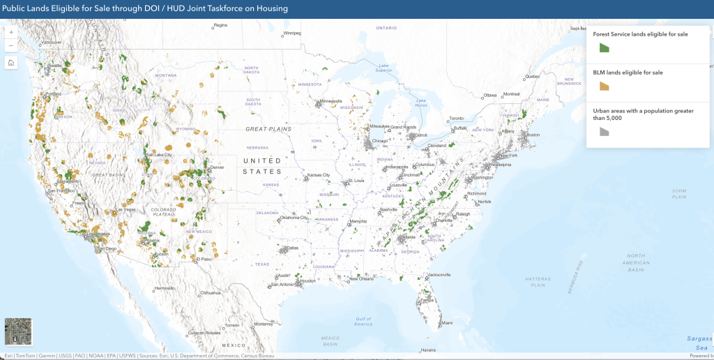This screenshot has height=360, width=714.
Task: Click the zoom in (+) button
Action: click(11, 32)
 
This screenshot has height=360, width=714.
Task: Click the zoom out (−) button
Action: click(11, 45)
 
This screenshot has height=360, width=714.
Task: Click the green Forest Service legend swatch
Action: click(605, 47)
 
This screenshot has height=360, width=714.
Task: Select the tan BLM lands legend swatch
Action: click(605, 86)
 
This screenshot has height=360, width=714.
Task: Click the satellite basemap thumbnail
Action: click(17, 332)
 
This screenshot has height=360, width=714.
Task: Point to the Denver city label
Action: click(218, 168)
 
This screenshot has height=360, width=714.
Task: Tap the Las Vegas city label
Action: click(126, 209)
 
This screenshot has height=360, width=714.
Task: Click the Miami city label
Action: click(447, 323)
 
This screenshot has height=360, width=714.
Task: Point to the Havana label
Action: click(428, 350)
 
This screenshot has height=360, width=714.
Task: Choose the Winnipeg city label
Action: click(291, 33)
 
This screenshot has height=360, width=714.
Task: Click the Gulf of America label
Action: click(363, 322)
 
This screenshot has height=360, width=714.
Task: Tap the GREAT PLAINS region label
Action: click(268, 129)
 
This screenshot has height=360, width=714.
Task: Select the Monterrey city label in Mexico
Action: click(262, 324)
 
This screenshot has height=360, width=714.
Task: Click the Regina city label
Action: click(221, 25)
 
